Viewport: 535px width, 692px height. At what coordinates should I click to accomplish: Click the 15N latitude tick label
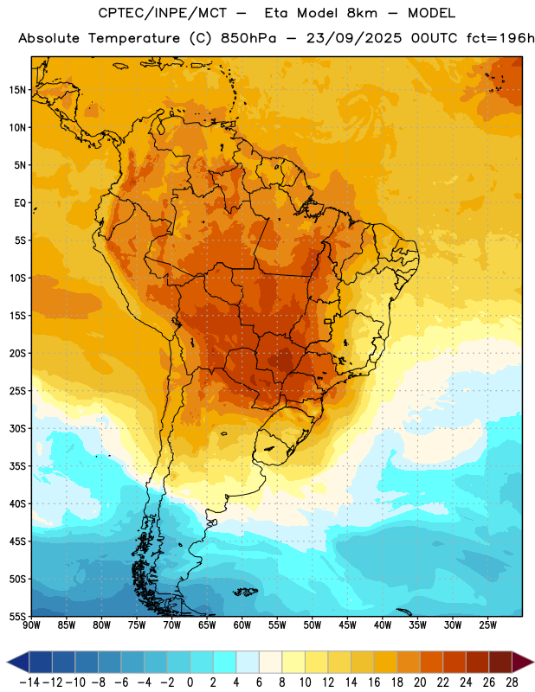coord(17,90)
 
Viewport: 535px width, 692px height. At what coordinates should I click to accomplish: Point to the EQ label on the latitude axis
coord(20,203)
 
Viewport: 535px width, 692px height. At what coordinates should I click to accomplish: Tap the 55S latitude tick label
coord(17,616)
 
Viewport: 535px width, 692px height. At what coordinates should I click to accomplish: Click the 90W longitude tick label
coord(31,625)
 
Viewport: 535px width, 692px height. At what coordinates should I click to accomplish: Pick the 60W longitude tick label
coord(242,625)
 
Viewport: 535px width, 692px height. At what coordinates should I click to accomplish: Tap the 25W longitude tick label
coord(487,625)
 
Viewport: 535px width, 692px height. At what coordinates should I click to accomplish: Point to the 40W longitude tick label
coord(383,625)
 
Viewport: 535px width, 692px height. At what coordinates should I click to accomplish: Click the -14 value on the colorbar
coord(29,682)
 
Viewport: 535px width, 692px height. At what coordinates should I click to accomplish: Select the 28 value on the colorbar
coord(512,682)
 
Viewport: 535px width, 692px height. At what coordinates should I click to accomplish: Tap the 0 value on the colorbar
coord(190,682)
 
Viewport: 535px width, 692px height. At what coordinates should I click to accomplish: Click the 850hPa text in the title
coord(248,38)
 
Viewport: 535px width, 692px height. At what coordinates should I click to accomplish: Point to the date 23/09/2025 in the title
coord(354,38)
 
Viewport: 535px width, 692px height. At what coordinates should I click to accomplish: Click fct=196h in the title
coord(500,38)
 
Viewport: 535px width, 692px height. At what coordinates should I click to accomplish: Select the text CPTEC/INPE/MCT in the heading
coord(163,13)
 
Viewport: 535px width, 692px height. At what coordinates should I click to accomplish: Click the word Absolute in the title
coord(49,38)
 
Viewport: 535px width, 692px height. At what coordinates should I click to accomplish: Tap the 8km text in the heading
coord(362,13)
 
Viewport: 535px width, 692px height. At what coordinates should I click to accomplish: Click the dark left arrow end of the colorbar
coord(18,662)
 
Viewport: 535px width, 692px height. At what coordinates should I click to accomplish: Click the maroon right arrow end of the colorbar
coord(523,662)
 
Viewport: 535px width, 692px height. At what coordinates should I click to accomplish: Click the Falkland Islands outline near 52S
coord(246,592)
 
